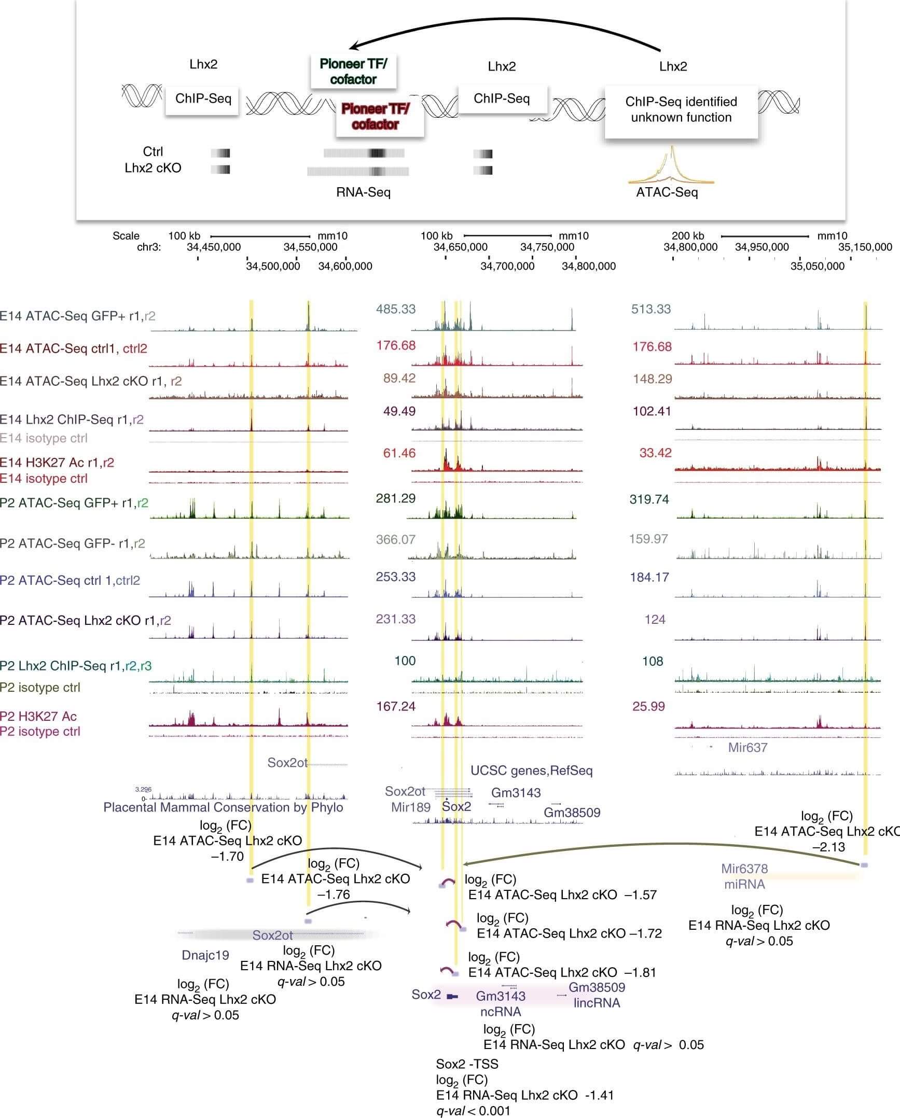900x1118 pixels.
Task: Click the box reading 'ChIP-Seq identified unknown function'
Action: (x=681, y=110)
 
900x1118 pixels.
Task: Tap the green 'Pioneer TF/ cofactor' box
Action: (x=353, y=72)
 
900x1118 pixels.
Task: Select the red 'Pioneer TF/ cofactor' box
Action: (x=376, y=117)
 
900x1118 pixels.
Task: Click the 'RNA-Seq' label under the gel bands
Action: (x=363, y=193)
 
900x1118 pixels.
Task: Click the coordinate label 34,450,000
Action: (x=213, y=247)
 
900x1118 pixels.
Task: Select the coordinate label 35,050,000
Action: (x=817, y=267)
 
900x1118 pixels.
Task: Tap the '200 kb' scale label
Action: (x=688, y=236)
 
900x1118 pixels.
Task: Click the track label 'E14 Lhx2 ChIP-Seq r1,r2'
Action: (x=72, y=420)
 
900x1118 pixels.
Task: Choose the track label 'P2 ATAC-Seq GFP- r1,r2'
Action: (x=72, y=543)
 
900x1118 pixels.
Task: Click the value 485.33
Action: (x=396, y=310)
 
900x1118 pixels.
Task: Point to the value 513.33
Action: (x=650, y=310)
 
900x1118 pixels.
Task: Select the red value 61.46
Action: (x=399, y=454)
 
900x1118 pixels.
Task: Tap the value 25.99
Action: (x=648, y=706)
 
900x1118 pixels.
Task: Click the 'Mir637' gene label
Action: (x=747, y=748)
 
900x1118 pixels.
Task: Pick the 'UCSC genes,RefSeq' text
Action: (x=531, y=771)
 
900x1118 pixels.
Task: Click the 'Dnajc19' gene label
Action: (x=205, y=955)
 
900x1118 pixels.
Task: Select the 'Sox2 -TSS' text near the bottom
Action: (x=467, y=1064)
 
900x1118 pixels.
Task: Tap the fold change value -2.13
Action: (x=828, y=847)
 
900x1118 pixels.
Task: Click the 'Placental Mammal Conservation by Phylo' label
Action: (x=223, y=807)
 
